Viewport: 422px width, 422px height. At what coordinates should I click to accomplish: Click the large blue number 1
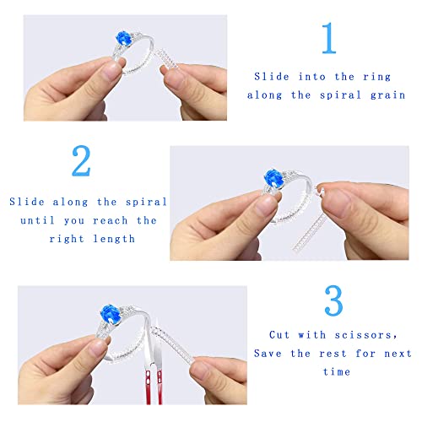click(329, 39)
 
